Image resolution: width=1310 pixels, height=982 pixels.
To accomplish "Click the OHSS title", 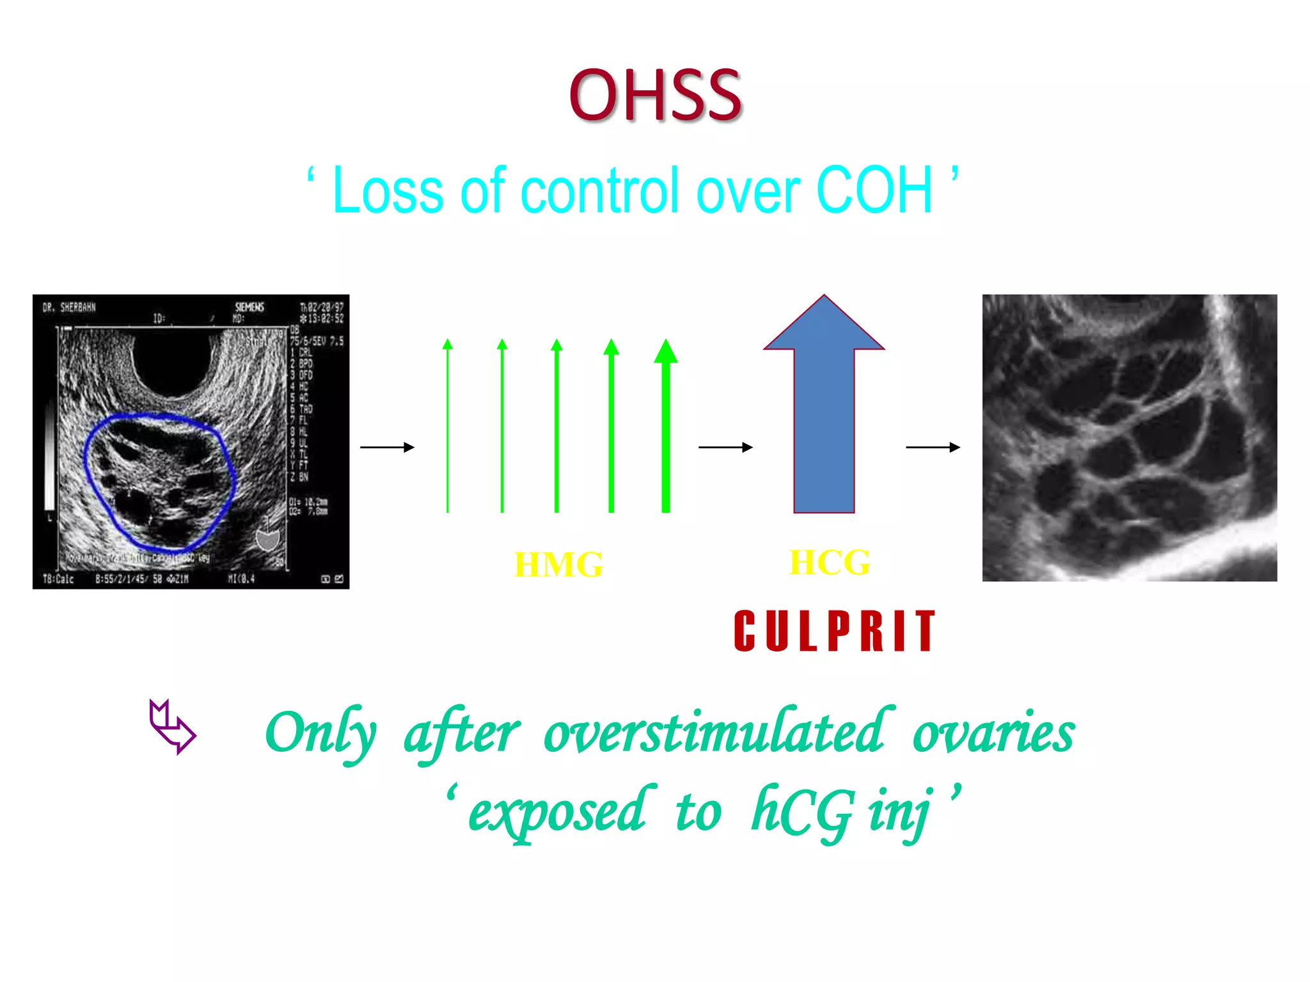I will pos(655,95).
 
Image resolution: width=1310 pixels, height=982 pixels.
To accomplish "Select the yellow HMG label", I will pos(558,565).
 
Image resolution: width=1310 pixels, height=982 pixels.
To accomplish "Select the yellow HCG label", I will pos(830,563).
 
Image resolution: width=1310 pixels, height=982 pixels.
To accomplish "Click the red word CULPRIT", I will pos(835,632).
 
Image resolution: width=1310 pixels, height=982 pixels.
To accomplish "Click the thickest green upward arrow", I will pos(666,428).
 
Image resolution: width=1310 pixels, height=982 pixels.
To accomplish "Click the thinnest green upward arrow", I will pos(448,428).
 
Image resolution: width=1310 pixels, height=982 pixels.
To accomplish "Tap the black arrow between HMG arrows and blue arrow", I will pos(725,448).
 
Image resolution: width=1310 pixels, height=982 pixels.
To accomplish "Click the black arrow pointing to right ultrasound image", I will pos(933,448).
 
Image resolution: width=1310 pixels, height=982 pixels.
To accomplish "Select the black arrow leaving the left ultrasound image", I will pos(387,448).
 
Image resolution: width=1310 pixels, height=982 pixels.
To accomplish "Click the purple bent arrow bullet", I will pos(171,727).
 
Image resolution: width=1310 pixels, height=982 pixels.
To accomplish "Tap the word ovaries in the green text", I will pos(993,733).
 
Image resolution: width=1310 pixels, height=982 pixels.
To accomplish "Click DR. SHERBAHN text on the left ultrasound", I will pos(69,308).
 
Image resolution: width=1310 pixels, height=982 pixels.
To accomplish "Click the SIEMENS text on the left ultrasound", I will pos(249,307).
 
